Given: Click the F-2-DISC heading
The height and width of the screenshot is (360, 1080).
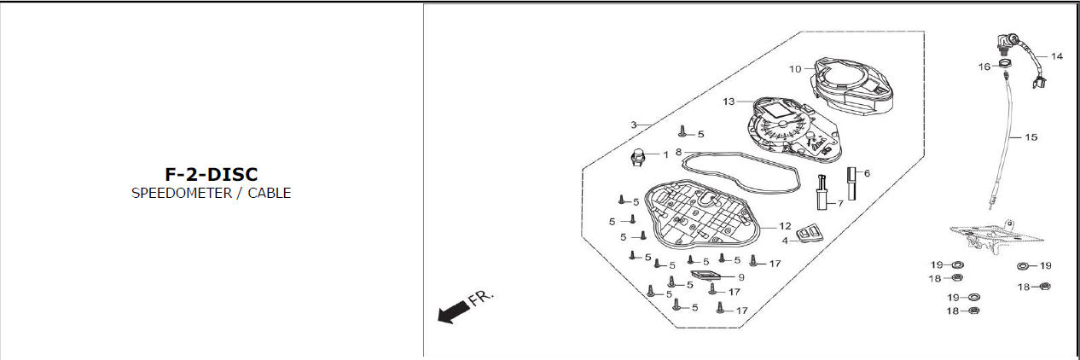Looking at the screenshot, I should click(211, 174).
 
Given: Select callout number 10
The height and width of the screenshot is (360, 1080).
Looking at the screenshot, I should click(795, 69).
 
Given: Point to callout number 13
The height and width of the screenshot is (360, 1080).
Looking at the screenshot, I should click(729, 102).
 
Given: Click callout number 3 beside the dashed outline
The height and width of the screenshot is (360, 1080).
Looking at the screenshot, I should click(634, 125).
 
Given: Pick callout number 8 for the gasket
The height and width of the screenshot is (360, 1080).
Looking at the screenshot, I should click(678, 152).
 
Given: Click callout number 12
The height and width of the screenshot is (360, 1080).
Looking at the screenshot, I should click(785, 226).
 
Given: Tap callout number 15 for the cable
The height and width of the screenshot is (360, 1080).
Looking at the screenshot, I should click(1031, 137).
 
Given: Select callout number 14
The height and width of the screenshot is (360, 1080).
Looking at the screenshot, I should click(1057, 56).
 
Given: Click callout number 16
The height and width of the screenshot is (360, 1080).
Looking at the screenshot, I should click(984, 66).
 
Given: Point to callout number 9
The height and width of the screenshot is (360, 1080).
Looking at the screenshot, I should click(740, 277).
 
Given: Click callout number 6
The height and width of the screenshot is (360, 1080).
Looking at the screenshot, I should click(867, 172).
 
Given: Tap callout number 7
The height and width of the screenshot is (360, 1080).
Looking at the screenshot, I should click(839, 203).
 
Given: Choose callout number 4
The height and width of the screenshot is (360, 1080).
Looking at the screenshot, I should click(784, 241).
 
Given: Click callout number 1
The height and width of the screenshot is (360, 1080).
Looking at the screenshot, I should click(665, 154).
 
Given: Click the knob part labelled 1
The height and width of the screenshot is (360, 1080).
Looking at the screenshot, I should click(637, 156).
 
